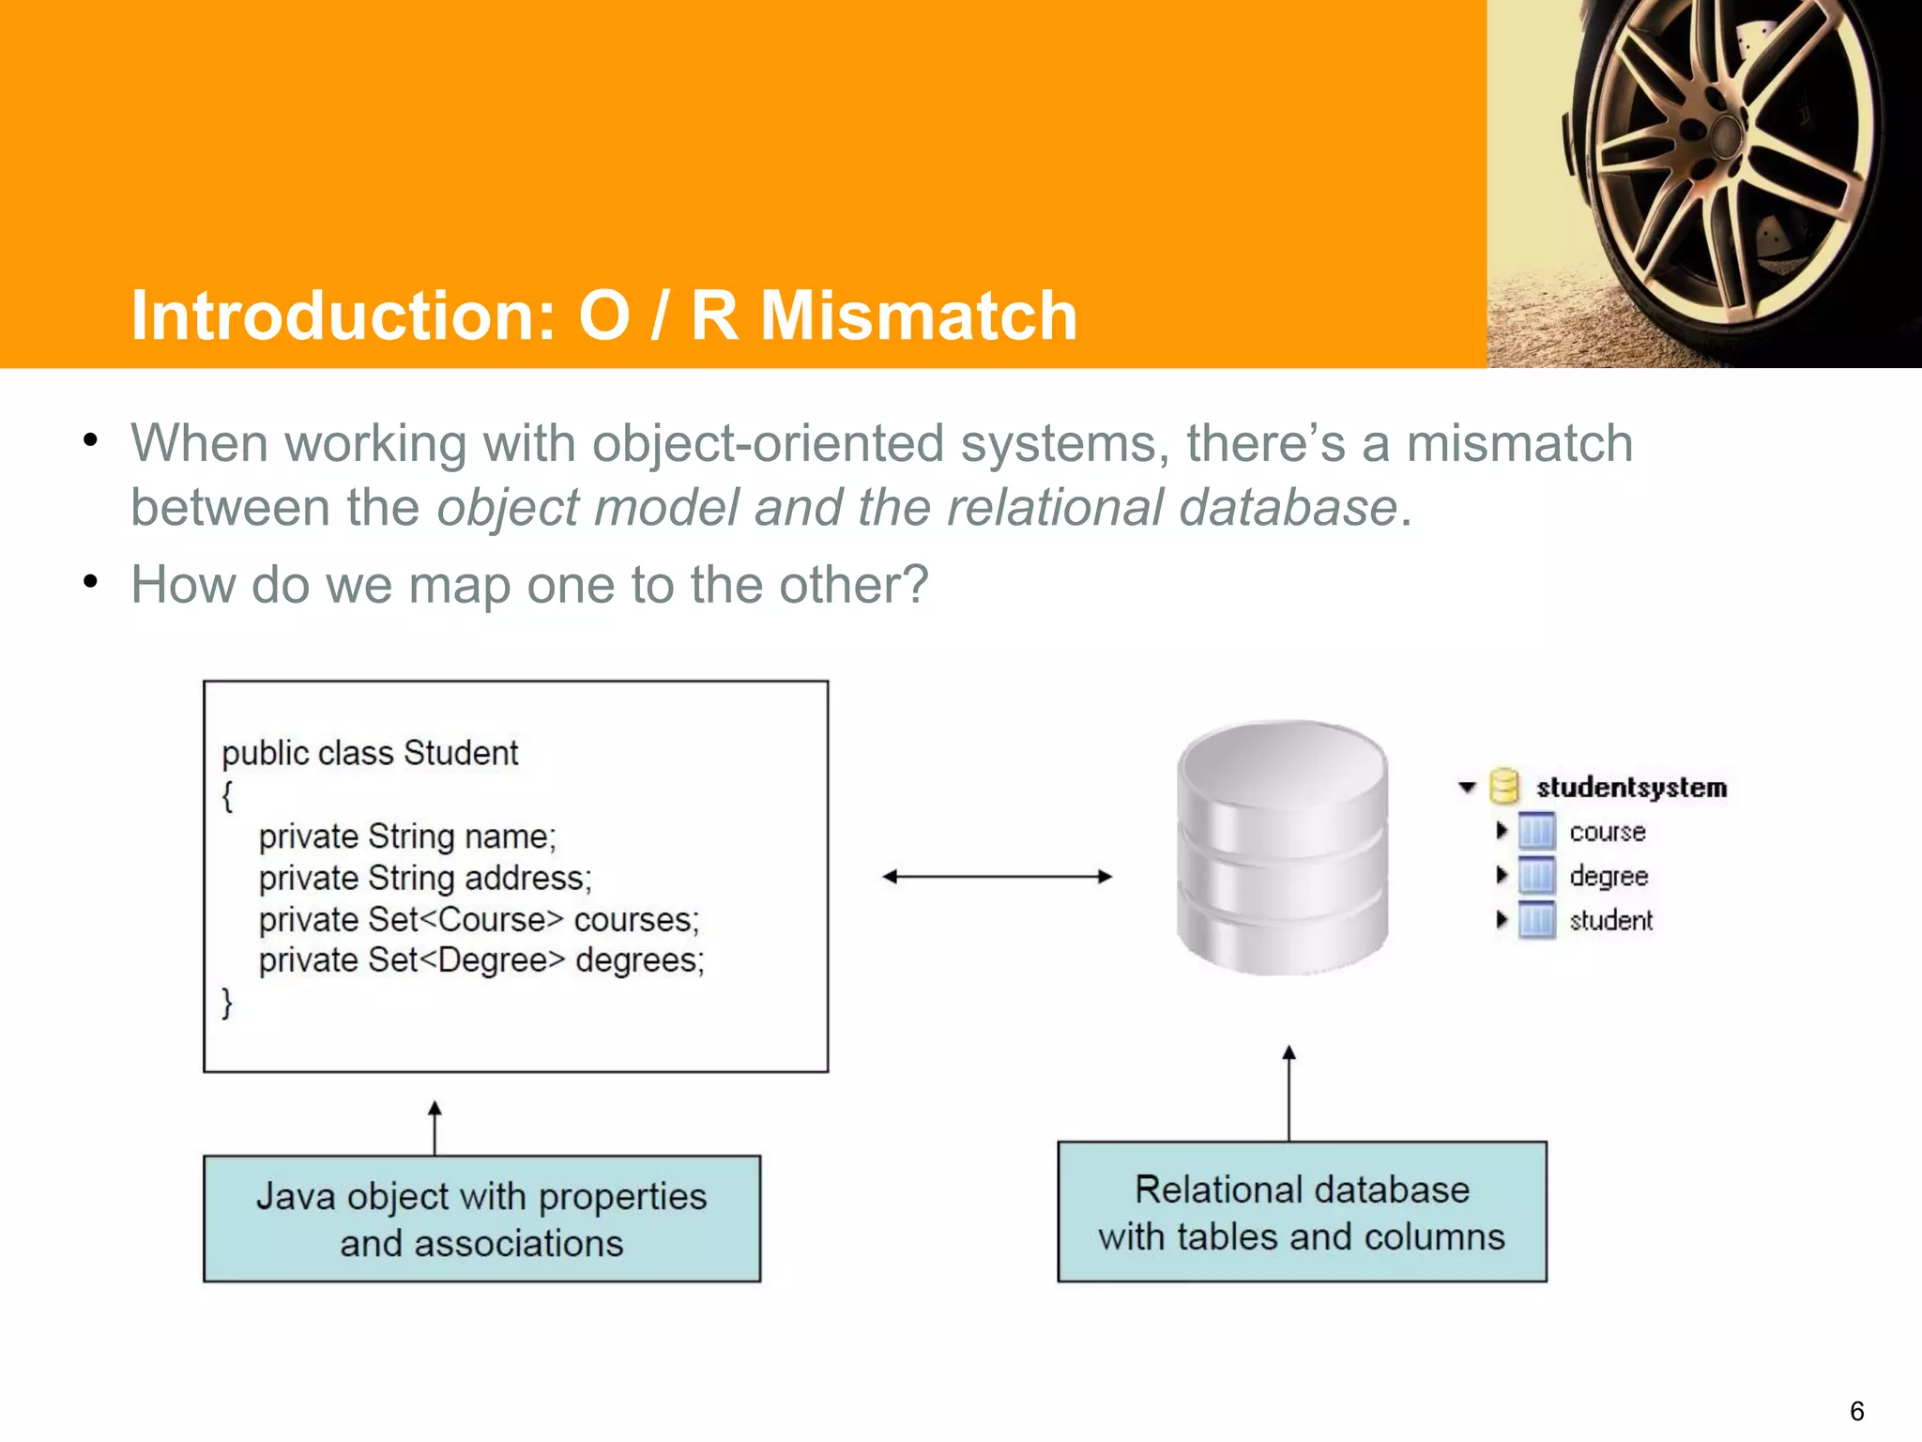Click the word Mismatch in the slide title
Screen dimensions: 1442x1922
pyautogui.click(x=918, y=315)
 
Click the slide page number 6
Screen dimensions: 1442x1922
pyautogui.click(x=1856, y=1410)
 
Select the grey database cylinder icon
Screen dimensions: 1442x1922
pyautogui.click(x=1282, y=848)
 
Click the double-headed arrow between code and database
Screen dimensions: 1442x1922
pyautogui.click(x=997, y=877)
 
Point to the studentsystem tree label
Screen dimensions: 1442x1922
pyautogui.click(x=1631, y=788)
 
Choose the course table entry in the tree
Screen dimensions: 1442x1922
pyautogui.click(x=1607, y=832)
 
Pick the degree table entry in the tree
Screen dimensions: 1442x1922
pyautogui.click(x=1609, y=876)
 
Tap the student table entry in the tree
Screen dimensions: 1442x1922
pyautogui.click(x=1610, y=920)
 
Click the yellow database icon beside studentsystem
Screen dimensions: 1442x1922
pyautogui.click(x=1504, y=787)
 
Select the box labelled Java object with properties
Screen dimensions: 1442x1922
pyautogui.click(x=481, y=1219)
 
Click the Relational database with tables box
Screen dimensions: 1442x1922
pyautogui.click(x=1302, y=1212)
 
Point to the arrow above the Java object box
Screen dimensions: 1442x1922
pyautogui.click(x=435, y=1128)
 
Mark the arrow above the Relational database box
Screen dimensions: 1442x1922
pyautogui.click(x=1289, y=1093)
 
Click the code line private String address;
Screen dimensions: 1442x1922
pyautogui.click(x=425, y=878)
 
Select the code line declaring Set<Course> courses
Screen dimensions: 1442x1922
pyautogui.click(x=479, y=919)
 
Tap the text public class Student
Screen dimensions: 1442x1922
pyautogui.click(x=370, y=753)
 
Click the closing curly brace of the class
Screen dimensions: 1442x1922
pyautogui.click(x=227, y=1003)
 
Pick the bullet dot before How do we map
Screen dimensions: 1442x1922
pyautogui.click(x=90, y=582)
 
